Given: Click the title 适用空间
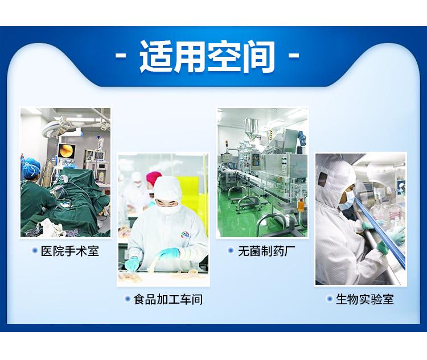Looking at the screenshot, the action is pos(207,57).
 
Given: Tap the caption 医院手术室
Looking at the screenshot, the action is pos(70,251).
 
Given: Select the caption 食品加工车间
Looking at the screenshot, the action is pos(168,299).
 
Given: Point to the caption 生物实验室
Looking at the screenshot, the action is pos(365,299).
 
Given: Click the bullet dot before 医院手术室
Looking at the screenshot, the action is pos(35,250).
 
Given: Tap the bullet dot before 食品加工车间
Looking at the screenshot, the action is pos(127,299).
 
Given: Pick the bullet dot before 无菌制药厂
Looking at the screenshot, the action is pos(231,250).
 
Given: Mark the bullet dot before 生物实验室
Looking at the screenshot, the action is pos(330,299).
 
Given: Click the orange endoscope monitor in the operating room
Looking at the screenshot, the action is pos(67,151).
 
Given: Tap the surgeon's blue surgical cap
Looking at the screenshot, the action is pos(31,167).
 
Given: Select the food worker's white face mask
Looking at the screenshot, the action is pos(167,208).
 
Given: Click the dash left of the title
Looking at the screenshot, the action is pos(121,56).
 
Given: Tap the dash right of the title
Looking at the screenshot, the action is pos(294,56).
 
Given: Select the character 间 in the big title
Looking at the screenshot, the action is pos(258,57).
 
